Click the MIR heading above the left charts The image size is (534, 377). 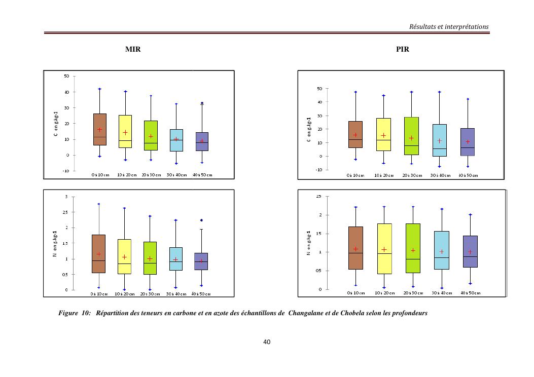(133, 50)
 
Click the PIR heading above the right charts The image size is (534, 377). (403, 50)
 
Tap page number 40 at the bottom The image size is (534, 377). (267, 342)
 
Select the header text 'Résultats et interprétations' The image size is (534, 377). (449, 26)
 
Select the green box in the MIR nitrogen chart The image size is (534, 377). (150, 258)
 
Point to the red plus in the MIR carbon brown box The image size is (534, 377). (100, 130)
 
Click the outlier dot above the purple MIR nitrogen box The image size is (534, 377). (202, 220)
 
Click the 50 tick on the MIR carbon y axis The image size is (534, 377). (66, 77)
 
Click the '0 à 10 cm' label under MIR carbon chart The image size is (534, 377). (100, 175)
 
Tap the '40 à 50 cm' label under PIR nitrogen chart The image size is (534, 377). (470, 293)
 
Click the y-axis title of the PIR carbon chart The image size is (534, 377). (309, 130)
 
